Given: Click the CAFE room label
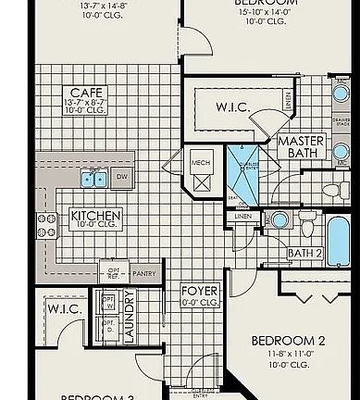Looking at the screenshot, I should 80,93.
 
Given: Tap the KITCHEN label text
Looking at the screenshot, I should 95,216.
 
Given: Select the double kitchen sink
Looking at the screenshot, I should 93,178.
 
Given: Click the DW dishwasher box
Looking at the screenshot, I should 122,177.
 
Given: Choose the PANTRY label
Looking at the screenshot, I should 143,274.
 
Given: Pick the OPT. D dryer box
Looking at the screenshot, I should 107,326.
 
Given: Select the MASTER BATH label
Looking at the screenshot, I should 298,146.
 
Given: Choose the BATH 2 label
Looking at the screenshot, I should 304,253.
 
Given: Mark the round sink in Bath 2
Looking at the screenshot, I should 279,220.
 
